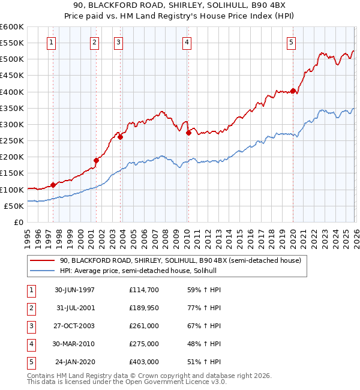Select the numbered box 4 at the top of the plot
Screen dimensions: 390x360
187,42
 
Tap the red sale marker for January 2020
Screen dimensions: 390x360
293,91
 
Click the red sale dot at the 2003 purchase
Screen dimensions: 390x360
121,137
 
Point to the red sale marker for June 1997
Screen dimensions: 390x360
53,185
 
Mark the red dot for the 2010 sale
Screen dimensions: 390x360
188,133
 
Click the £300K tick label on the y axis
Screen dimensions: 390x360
12,124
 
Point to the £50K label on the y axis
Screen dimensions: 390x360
14,206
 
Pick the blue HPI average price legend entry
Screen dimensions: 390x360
142,271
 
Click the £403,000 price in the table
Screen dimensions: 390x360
143,362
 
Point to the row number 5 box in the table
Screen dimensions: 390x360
30,362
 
